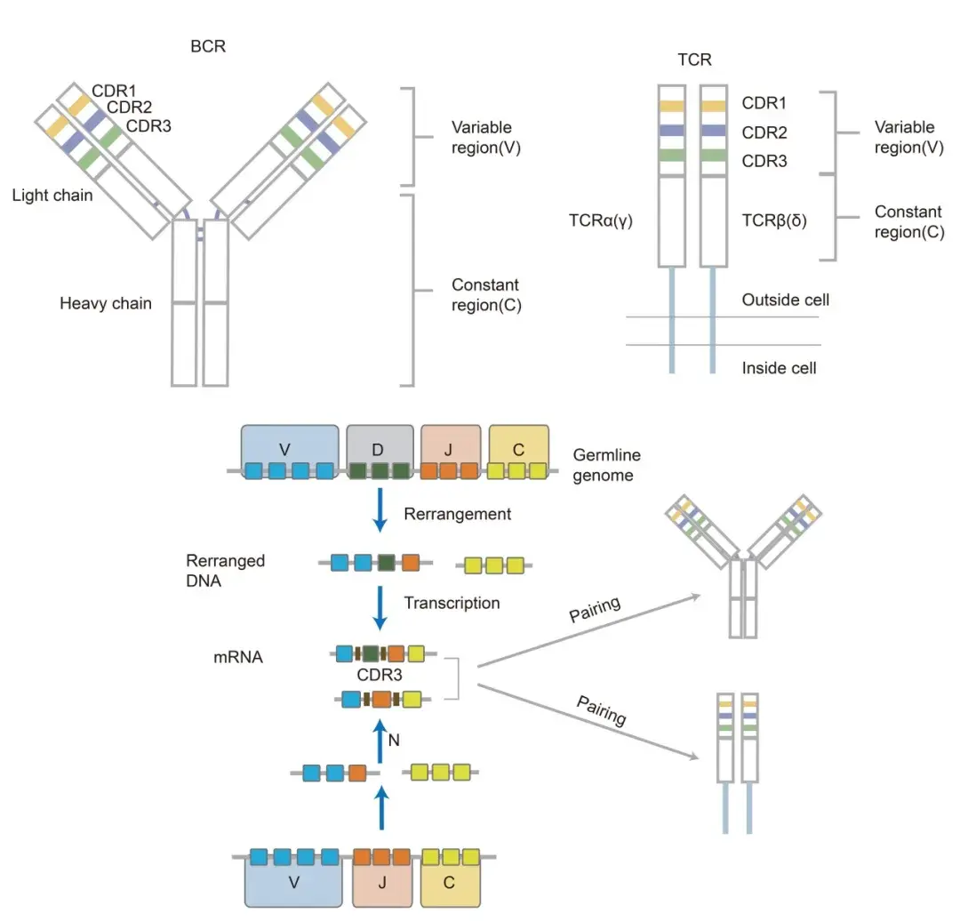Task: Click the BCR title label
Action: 208,46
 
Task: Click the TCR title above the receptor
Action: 693,60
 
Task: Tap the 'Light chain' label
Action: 52,196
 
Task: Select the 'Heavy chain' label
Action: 105,304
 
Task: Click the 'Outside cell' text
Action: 785,300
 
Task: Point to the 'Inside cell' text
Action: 779,367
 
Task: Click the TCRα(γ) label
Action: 600,220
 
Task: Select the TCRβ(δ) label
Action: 774,220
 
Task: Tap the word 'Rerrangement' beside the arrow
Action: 457,514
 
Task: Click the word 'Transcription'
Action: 452,603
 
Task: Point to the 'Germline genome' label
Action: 606,465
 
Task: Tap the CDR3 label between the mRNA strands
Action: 380,676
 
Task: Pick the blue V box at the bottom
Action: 294,884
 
